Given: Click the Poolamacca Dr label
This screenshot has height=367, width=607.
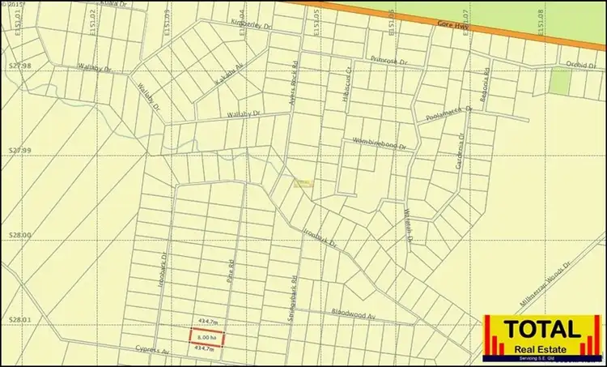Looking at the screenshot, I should coord(445,114).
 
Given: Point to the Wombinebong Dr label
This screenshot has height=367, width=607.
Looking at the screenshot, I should coord(377,143).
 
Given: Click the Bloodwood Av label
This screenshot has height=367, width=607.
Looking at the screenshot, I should coord(354,313).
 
